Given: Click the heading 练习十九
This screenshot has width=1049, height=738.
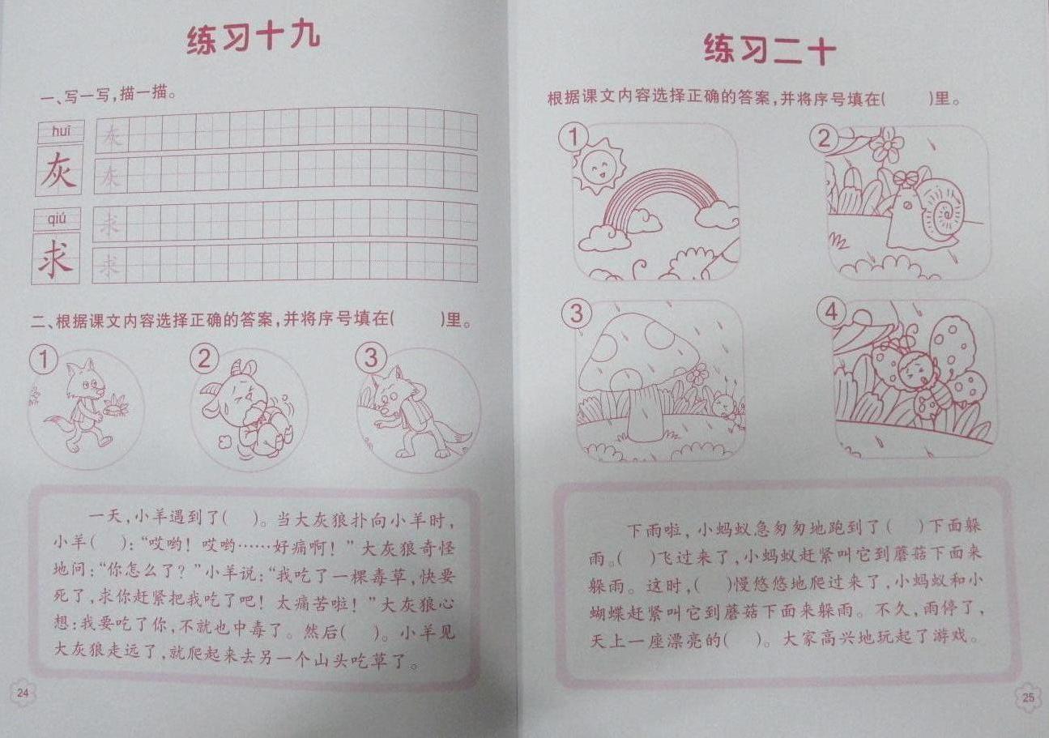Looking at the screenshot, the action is point(254,38).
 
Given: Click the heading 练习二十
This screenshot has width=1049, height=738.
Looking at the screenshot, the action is point(770,49).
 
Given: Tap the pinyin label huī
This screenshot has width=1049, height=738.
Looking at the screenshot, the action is point(61,131).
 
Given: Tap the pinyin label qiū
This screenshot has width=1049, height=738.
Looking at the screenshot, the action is point(58,219).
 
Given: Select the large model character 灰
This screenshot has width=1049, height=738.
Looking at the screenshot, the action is point(58,170).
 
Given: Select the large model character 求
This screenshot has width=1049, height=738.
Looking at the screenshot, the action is point(55,258).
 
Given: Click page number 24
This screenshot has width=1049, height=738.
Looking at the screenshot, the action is point(23,693).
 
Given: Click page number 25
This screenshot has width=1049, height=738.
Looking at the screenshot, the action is point(1029,698).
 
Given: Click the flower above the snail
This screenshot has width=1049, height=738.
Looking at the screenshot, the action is point(886,145).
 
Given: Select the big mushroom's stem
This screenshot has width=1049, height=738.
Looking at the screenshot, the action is point(646,412).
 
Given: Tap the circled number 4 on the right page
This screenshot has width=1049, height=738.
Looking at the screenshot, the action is point(831,313).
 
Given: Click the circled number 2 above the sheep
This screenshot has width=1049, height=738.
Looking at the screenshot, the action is point(204,359).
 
